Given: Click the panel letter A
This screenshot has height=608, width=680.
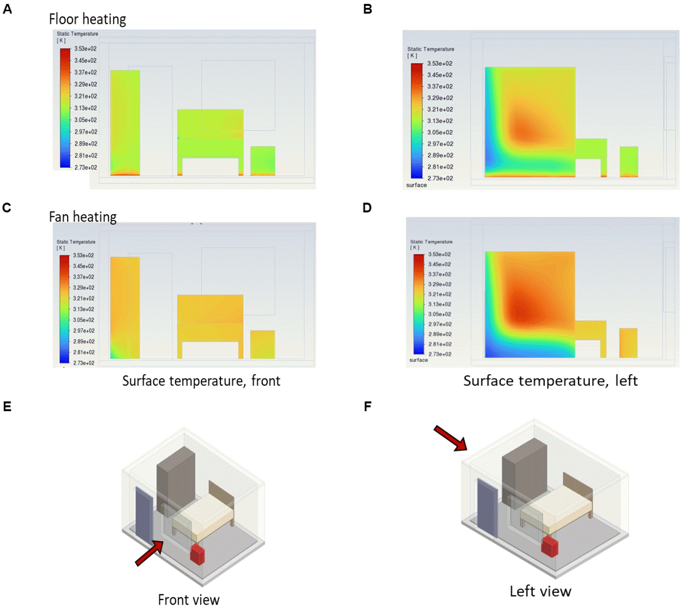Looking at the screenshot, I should click(x=7, y=9).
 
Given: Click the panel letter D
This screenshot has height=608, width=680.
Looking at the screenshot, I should click(x=367, y=208).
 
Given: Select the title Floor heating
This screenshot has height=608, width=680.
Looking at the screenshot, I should click(x=88, y=19).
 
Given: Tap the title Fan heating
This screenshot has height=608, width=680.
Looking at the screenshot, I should click(x=83, y=216).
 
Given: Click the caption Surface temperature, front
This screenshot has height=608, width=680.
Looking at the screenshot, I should click(x=201, y=380).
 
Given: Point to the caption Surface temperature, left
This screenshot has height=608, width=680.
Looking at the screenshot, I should click(x=550, y=380).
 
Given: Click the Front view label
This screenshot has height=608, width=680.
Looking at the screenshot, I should click(x=188, y=599).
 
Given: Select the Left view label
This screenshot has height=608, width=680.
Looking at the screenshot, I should click(x=540, y=591).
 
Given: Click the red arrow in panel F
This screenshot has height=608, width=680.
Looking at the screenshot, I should click(x=450, y=437).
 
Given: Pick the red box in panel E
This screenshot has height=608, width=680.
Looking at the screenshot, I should click(x=197, y=554).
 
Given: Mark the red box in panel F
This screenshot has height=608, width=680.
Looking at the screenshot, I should click(x=550, y=546).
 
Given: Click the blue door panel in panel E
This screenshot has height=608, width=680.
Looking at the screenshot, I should click(x=144, y=514).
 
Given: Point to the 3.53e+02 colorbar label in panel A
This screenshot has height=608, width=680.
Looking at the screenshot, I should click(x=85, y=49).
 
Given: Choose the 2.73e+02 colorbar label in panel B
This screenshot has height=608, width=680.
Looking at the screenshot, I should click(x=440, y=178).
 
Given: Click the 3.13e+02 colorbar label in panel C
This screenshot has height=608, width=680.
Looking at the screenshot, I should click(x=84, y=309).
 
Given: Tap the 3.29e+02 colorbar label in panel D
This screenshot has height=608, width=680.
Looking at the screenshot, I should click(x=440, y=284).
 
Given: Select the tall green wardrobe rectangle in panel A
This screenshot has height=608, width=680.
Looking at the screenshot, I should click(x=125, y=122).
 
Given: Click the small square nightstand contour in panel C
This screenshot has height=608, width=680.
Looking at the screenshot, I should click(x=262, y=344).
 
